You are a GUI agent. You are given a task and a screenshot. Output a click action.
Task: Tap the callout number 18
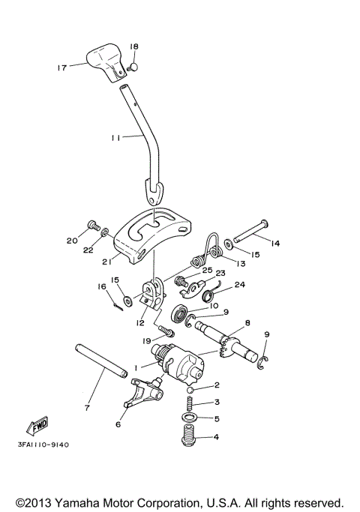(x=134, y=46)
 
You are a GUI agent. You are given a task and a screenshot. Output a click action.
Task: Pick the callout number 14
(x=274, y=243)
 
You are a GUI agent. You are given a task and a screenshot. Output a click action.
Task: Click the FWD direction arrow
(x=37, y=425)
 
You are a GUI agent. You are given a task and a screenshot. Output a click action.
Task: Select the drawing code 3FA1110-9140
(x=43, y=445)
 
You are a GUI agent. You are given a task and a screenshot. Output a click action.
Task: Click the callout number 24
(x=240, y=285)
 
